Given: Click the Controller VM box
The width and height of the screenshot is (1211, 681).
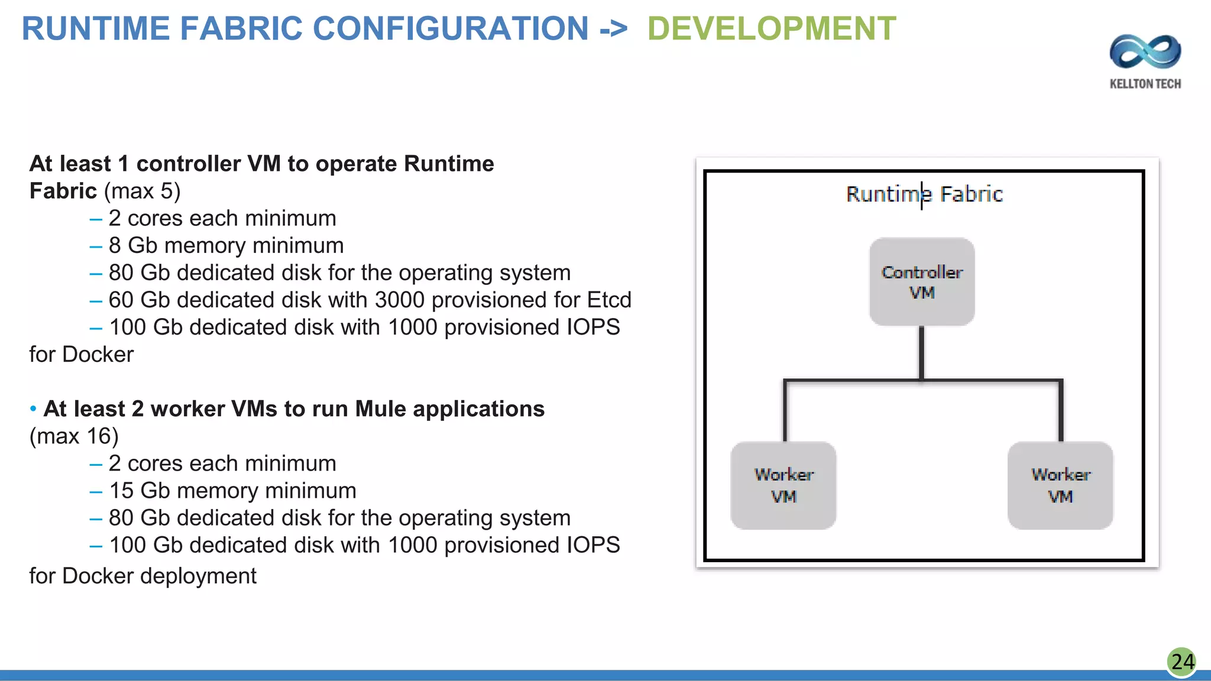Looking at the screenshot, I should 921,281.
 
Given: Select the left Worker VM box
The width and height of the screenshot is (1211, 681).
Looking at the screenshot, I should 783,485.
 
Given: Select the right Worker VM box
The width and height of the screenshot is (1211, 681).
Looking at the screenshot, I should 1060,485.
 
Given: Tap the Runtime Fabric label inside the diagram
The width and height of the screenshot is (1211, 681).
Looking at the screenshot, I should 924,194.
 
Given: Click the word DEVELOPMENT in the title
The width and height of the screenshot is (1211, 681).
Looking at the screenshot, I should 771,29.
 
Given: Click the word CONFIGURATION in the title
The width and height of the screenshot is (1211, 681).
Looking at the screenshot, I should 450,29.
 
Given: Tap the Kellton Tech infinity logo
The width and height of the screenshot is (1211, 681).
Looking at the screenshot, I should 1145,52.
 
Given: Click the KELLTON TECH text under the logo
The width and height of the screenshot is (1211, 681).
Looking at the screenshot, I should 1145,84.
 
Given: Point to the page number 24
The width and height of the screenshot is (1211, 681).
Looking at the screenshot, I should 1182,661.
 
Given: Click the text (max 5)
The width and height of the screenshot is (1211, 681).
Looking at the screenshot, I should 142,192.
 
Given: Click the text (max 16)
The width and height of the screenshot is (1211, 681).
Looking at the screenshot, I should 74,436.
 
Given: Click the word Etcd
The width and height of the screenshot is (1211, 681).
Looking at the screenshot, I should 609,300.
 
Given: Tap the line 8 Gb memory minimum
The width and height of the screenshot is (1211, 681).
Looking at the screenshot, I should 226,246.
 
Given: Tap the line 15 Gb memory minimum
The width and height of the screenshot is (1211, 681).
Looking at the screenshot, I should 232,491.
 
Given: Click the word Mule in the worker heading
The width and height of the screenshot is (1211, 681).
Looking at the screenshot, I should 381,409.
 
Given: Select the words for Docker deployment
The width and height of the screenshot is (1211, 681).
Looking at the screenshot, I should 143,576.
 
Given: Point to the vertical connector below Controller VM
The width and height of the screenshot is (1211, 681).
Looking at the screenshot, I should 921,352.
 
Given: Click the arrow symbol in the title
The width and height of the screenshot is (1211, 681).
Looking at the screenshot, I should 613,29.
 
